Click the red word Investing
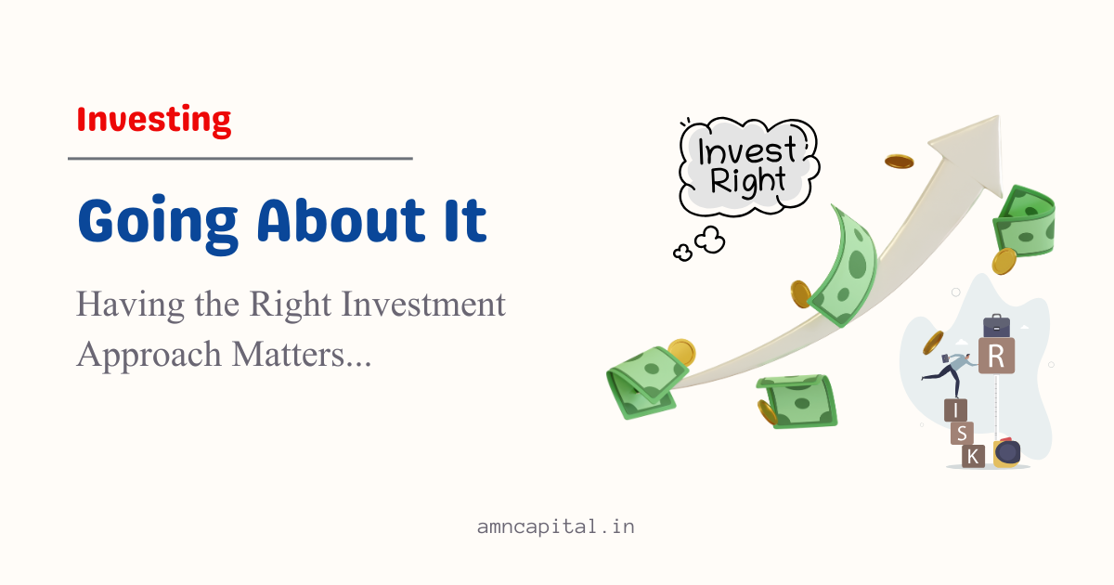point(154,121)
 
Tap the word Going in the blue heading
point(158,225)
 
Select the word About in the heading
point(342,220)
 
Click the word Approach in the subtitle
point(149,355)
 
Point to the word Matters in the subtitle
point(289,354)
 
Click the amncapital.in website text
point(556,526)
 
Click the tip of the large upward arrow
point(998,116)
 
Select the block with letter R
point(996,356)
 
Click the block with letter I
point(955,410)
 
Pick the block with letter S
point(962,434)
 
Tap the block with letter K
point(973,456)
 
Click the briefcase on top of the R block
point(997,326)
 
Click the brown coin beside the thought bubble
point(900,162)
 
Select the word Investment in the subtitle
point(423,305)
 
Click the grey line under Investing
point(240,159)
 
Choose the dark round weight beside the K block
point(1007,452)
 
